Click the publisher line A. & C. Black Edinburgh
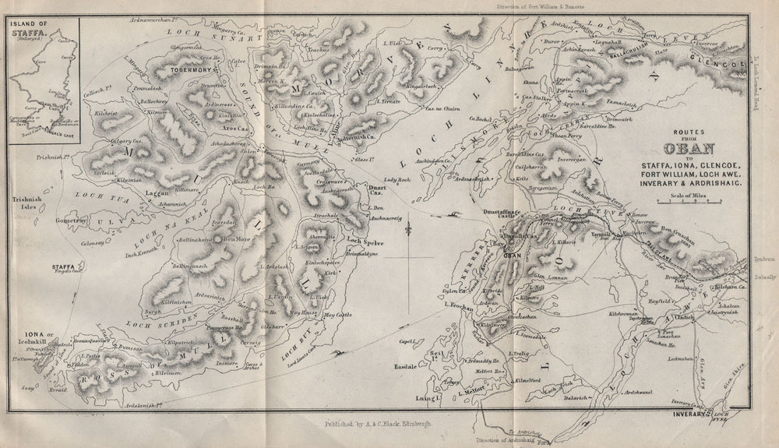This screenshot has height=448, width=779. coord(375,425)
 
